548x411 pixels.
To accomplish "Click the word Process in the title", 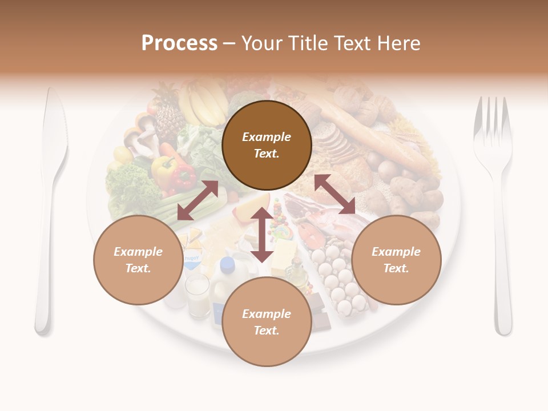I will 179,43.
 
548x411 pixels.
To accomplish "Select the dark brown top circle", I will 267,145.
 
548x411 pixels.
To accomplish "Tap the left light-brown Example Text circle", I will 138,260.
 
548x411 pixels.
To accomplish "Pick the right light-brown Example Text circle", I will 396,260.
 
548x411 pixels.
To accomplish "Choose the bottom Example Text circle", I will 267,322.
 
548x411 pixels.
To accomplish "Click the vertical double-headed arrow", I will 262,235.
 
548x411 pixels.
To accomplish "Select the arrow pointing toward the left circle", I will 198,200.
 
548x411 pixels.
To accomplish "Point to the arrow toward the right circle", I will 335,194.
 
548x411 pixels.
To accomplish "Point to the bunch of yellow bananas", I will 203,103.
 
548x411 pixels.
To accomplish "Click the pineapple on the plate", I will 169,114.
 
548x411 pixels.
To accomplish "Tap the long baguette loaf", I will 365,131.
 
